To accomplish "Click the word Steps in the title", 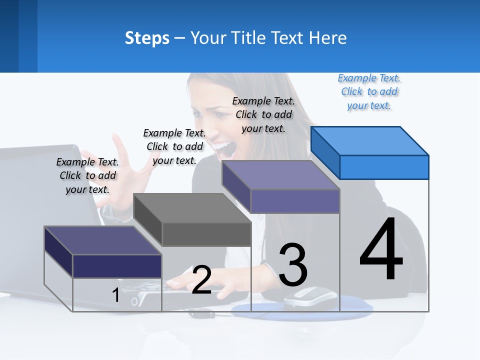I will coord(147,38).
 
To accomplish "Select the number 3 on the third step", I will coord(293,265).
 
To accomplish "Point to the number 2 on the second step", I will coord(201,280).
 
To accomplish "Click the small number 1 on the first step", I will coord(116,295).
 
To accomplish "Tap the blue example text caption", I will coord(369,92).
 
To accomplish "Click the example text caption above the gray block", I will coord(174,146).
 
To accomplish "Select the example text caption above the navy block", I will coord(87,175).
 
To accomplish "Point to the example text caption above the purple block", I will coord(263,114).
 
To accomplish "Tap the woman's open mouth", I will coord(224,147).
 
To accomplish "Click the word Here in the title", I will coord(328,38).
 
